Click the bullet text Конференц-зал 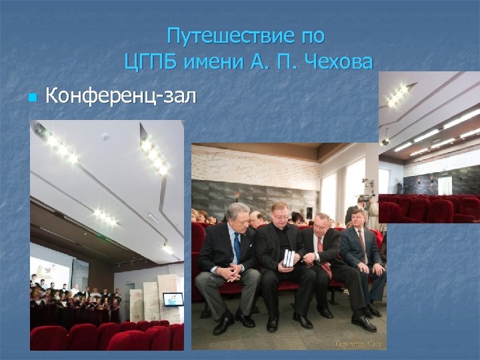121,97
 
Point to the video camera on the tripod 365,198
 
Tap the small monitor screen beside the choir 173,299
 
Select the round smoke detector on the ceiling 105,136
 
